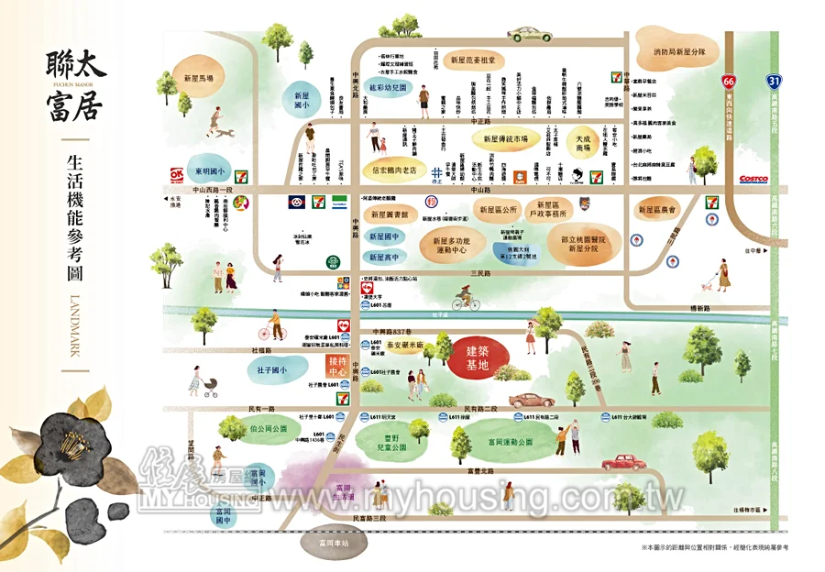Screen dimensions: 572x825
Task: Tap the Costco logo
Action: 756,180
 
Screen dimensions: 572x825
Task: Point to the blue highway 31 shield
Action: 775,81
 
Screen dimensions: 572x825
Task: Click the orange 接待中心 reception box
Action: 338,368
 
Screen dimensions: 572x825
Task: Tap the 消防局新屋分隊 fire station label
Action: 679,52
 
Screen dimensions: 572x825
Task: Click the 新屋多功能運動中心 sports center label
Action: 450,244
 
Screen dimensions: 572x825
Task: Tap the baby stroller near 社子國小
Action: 209,386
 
